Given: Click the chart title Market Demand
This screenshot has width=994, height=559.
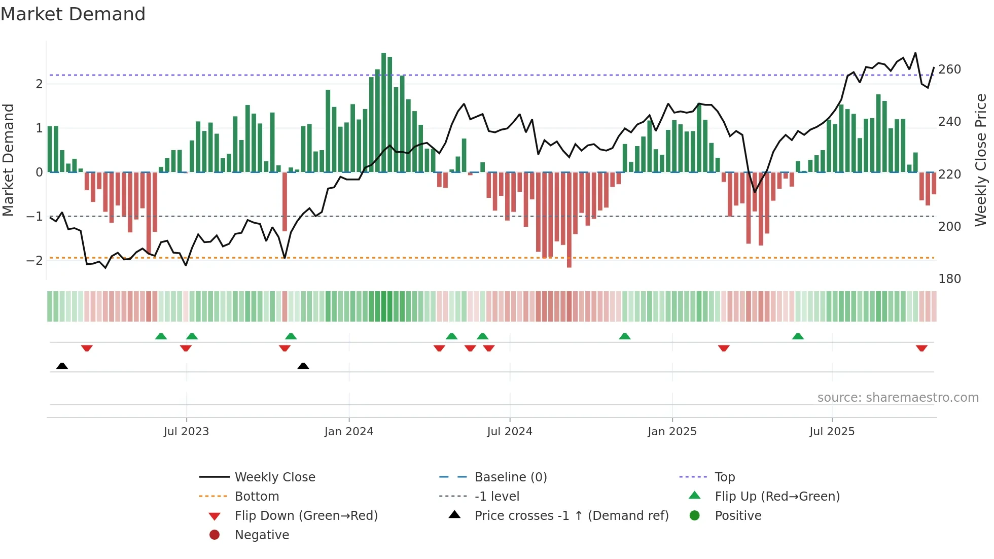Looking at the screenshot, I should tap(73, 14).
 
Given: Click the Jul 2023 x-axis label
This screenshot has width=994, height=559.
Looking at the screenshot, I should tap(186, 432).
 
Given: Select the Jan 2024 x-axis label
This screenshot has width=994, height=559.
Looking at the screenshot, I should tap(349, 432).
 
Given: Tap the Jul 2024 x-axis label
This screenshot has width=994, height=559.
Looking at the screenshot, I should tap(510, 432).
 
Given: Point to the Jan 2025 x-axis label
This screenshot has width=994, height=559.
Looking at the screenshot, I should tap(672, 432).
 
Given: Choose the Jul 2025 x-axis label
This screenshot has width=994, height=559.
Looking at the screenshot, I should tap(832, 432).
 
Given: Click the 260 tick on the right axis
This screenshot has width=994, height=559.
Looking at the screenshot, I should tap(949, 69).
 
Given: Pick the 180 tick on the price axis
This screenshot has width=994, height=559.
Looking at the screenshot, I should tap(949, 279).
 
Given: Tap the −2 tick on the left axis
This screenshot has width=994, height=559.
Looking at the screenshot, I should tap(34, 261).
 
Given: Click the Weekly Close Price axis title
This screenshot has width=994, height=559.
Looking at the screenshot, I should tap(981, 160).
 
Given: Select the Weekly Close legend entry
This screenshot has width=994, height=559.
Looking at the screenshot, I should tap(274, 477).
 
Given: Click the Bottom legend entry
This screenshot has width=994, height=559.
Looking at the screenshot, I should tap(257, 497).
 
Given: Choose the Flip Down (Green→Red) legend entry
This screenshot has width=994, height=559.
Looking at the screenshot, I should tap(306, 516).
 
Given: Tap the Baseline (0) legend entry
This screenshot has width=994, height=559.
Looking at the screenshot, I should tap(510, 477).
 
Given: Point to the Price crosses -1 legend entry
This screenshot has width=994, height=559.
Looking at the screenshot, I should tap(571, 516).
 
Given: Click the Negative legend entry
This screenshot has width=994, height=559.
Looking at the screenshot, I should tap(262, 535).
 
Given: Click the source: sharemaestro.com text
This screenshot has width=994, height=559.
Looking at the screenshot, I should tap(898, 398).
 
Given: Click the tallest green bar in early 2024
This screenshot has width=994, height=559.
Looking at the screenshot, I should tap(384, 112).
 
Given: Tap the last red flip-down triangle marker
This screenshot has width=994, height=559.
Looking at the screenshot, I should tap(921, 348).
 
